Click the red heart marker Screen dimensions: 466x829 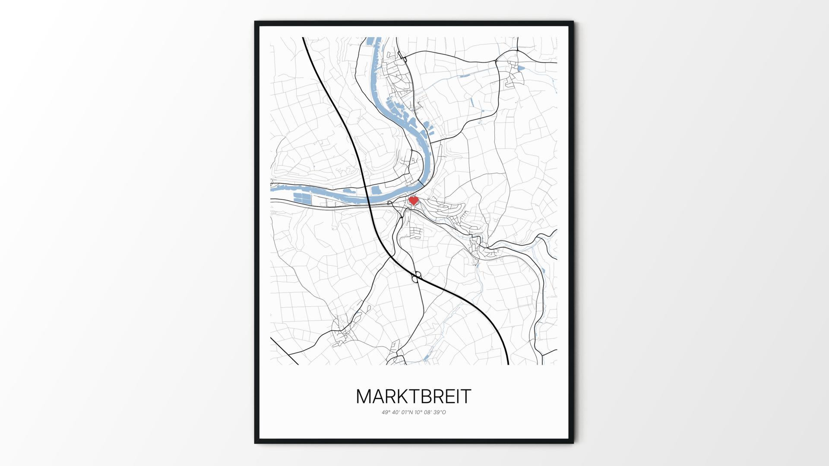tap(414, 201)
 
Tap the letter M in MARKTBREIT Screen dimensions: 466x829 tap(364, 397)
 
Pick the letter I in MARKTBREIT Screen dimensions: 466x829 tap(460, 397)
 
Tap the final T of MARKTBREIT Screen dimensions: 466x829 tap(467, 397)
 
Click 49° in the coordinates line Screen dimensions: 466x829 tap(386, 412)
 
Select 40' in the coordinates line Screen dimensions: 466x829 tap(396, 412)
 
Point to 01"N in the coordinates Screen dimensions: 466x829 tap(407, 412)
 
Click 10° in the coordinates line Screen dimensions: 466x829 tap(418, 412)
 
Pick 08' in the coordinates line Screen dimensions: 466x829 tap(428, 412)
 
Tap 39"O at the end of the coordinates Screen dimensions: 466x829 tap(440, 412)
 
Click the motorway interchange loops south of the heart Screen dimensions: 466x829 tap(416, 277)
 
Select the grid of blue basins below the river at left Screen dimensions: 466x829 tap(302, 198)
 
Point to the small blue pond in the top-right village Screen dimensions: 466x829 tap(521, 68)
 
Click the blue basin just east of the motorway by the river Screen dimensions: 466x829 tap(377, 190)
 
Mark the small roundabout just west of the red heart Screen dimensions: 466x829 tap(390, 203)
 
